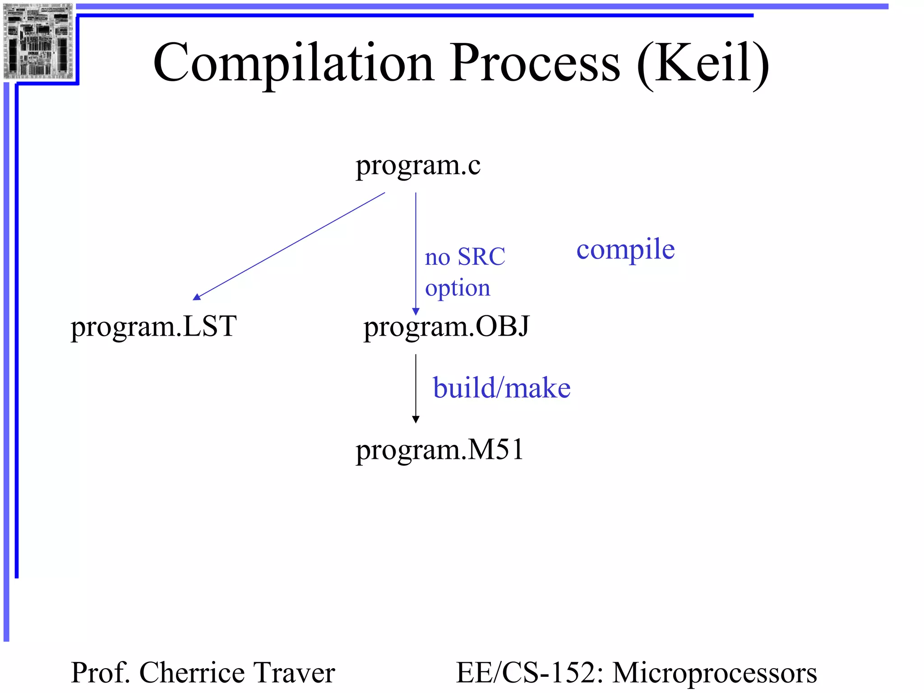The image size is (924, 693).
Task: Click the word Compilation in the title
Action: [293, 63]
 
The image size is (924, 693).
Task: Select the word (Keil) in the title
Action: [702, 63]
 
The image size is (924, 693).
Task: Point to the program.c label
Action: [418, 166]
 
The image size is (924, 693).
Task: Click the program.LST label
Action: [153, 327]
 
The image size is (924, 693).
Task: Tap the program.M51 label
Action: [439, 450]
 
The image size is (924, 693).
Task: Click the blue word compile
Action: [625, 249]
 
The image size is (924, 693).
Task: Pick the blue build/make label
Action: [502, 388]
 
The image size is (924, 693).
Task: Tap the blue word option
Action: [457, 288]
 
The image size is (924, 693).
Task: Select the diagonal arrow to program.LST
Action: [289, 246]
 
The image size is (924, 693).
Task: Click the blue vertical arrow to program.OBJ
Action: [416, 253]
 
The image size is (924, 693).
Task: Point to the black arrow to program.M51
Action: [416, 388]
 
